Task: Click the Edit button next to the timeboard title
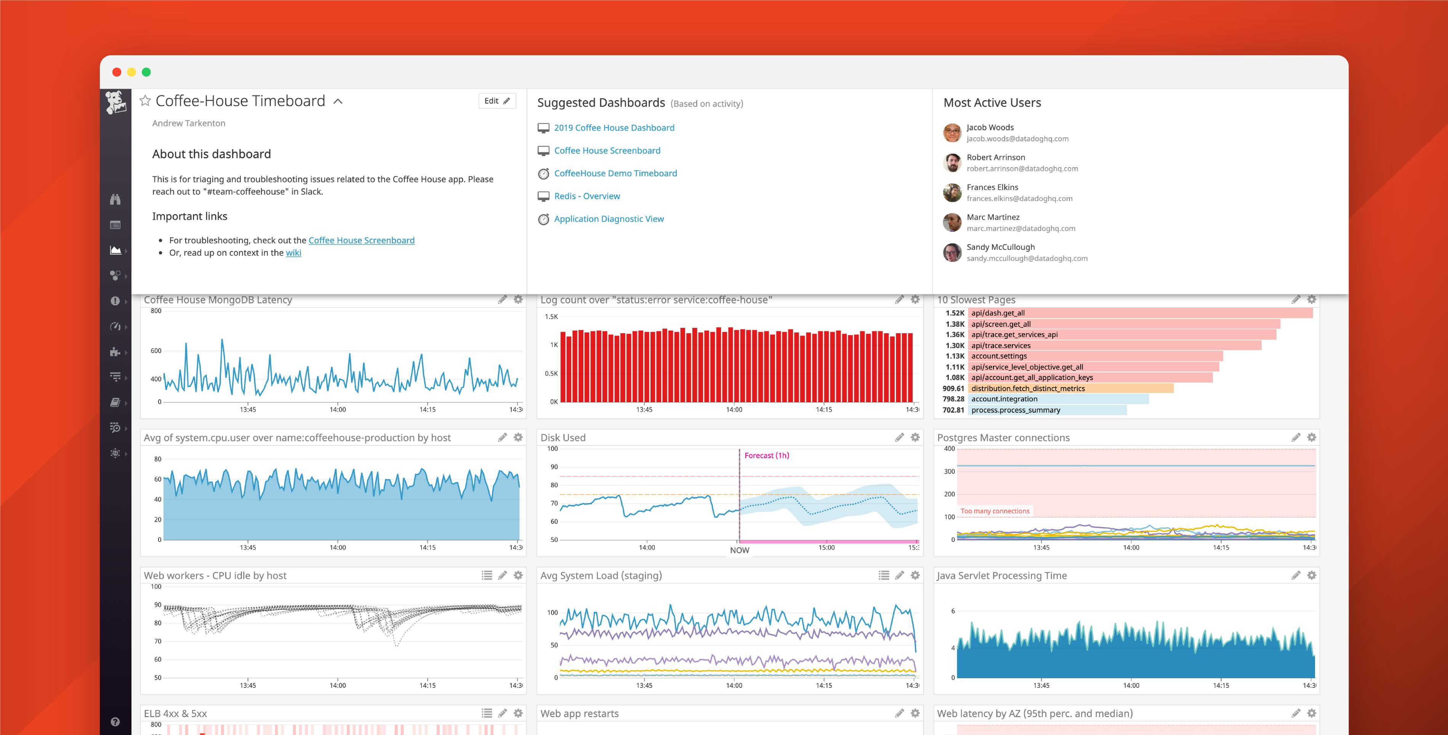(x=497, y=101)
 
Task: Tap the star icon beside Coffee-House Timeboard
(x=145, y=101)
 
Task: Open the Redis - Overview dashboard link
(x=587, y=196)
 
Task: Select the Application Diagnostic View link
(x=609, y=219)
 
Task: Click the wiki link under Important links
(x=293, y=253)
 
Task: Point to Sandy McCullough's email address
(x=1027, y=259)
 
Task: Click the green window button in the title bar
(x=146, y=72)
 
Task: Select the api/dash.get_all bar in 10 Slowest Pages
(x=1141, y=313)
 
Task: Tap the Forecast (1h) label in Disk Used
(x=767, y=456)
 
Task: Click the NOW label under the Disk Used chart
(x=739, y=550)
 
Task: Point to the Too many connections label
(x=995, y=511)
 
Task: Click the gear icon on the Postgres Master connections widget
(x=1312, y=437)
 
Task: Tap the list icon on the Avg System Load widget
(x=884, y=575)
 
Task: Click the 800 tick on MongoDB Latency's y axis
(x=156, y=311)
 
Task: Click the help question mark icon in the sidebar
(x=115, y=722)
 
